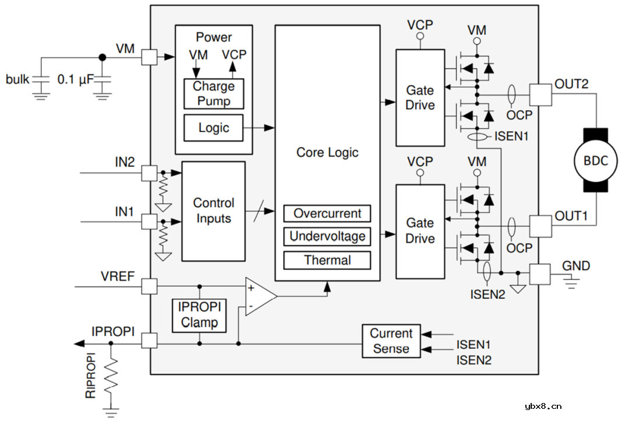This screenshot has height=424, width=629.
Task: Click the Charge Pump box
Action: click(x=214, y=93)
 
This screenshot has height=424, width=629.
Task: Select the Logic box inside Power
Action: click(x=214, y=128)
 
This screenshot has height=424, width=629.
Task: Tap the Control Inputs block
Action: click(x=214, y=211)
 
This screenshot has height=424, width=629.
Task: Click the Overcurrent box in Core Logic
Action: click(x=327, y=213)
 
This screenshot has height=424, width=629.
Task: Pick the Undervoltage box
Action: click(x=327, y=236)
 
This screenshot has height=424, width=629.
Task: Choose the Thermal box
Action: click(x=327, y=260)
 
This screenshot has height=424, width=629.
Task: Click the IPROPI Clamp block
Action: click(x=199, y=315)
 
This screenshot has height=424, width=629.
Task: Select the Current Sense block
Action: click(x=391, y=341)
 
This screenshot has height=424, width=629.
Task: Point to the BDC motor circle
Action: click(x=595, y=160)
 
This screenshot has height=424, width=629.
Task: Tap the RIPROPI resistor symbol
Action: click(x=111, y=377)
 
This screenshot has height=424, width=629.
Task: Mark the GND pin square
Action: click(x=539, y=274)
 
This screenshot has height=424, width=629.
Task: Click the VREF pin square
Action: click(x=149, y=286)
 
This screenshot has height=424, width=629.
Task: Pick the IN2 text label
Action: click(x=125, y=162)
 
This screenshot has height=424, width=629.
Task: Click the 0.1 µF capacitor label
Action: click(x=75, y=79)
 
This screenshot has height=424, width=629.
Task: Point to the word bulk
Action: click(x=18, y=79)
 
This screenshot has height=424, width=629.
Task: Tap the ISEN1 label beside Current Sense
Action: click(x=473, y=345)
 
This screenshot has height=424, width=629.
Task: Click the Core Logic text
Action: click(x=327, y=153)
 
